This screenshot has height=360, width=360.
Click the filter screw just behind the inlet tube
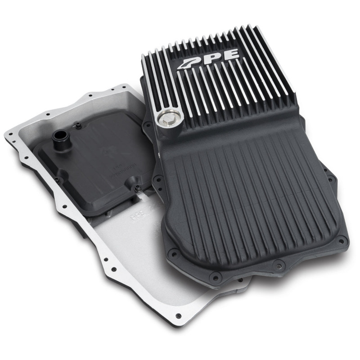pos(79,126)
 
